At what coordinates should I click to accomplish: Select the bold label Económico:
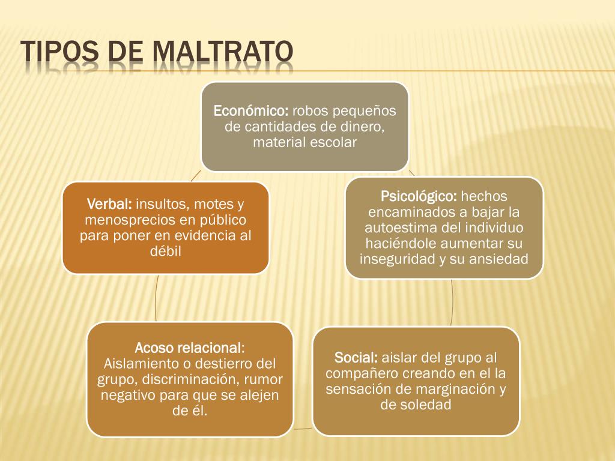click(252, 111)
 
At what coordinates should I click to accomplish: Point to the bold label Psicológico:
click(419, 196)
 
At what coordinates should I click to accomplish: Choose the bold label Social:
click(356, 358)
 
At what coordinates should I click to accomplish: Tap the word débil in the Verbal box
click(166, 252)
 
